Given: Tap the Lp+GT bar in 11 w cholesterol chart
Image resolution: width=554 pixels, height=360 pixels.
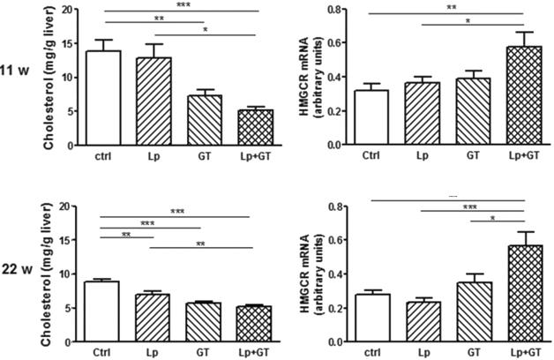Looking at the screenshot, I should click(232, 127).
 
